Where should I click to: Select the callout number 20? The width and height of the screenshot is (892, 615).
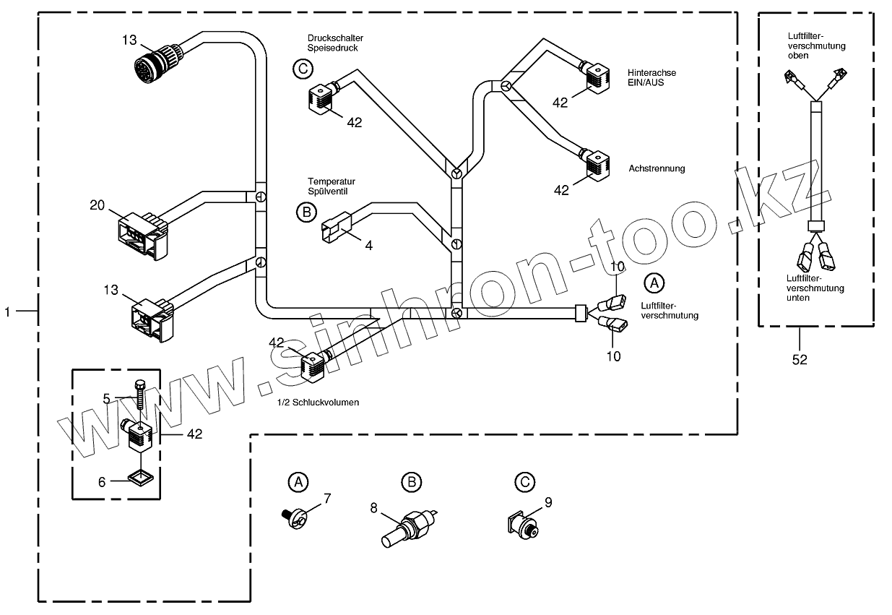(98, 205)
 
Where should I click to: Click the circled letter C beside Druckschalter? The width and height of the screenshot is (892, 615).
(303, 69)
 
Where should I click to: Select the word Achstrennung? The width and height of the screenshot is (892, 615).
(657, 168)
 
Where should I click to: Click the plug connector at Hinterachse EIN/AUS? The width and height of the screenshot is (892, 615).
(597, 78)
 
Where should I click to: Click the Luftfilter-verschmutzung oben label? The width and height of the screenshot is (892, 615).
(816, 46)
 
